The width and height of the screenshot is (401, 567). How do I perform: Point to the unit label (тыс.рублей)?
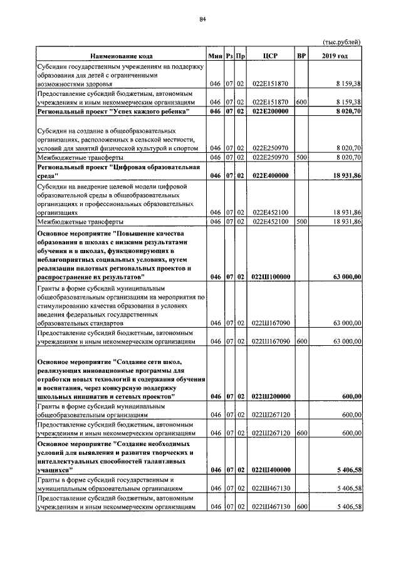pyautogui.click(x=341, y=42)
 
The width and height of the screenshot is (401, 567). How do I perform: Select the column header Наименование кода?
pyautogui.click(x=122, y=56)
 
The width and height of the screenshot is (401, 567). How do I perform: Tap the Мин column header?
pyautogui.click(x=216, y=56)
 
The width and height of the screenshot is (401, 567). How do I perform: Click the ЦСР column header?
pyautogui.click(x=270, y=56)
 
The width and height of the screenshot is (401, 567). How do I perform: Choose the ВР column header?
pyautogui.click(x=301, y=56)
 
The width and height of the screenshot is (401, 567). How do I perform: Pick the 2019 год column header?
pyautogui.click(x=336, y=56)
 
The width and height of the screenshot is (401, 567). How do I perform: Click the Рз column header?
pyautogui.click(x=230, y=56)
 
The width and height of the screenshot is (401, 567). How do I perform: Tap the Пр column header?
pyautogui.click(x=241, y=56)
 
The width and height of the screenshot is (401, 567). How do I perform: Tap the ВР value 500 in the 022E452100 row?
pyautogui.click(x=301, y=221)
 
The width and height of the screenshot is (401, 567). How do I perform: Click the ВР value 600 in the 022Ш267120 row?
pyautogui.click(x=301, y=432)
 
